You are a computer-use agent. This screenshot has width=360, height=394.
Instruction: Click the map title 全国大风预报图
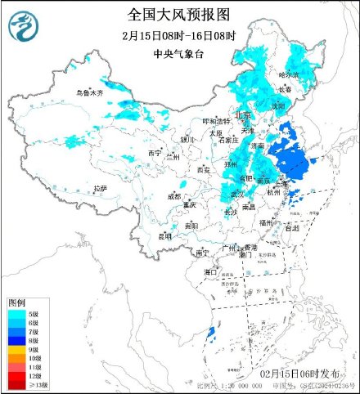tap(179, 15)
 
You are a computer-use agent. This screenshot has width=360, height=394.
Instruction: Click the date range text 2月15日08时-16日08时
tap(179, 36)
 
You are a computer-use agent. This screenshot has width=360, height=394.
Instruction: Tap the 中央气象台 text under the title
tap(179, 54)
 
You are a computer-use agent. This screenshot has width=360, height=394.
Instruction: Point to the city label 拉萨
tap(100, 189)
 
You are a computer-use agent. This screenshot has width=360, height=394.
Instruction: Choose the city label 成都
tap(174, 196)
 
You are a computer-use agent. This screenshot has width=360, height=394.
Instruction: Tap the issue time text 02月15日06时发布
tap(294, 374)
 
